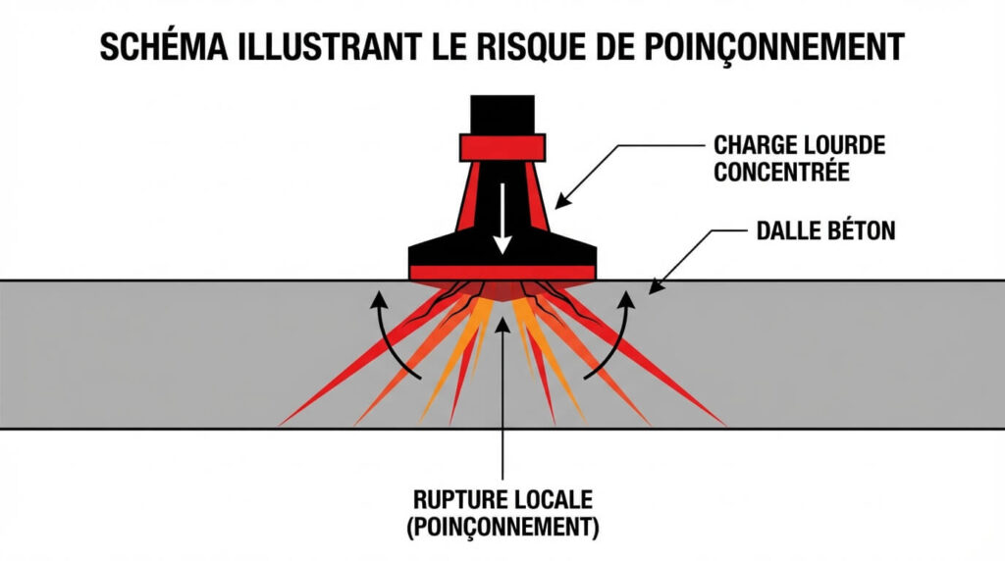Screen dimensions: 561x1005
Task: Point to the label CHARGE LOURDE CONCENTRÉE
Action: (x=799, y=159)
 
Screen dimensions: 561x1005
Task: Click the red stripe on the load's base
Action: (x=502, y=271)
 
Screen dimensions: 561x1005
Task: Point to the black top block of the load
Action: (x=502, y=114)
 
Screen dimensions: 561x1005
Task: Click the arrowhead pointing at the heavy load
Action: (x=560, y=202)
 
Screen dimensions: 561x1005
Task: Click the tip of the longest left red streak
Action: (x=284, y=424)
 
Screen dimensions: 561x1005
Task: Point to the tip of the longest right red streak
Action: (x=723, y=424)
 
